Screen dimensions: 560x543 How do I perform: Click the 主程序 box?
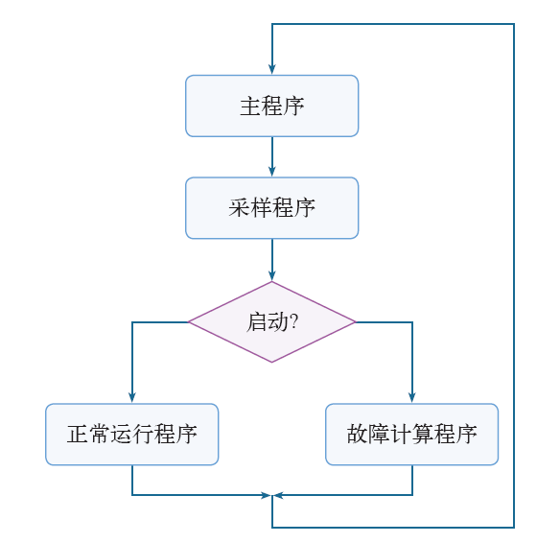[271, 106]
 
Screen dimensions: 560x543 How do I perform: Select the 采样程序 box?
[271, 208]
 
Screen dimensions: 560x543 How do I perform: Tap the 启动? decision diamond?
[271, 322]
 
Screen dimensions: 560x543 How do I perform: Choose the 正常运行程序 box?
[131, 435]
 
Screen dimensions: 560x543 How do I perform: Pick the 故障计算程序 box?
[411, 435]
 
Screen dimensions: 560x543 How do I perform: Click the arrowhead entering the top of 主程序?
[272, 69]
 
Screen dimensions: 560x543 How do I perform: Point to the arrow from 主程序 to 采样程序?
[272, 156]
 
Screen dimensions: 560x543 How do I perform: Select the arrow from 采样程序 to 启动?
[272, 260]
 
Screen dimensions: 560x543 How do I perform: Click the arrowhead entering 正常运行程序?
[132, 398]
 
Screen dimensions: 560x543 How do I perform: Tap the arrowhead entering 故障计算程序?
[412, 398]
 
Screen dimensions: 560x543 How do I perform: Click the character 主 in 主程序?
[250, 106]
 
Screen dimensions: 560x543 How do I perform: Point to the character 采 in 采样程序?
[239, 208]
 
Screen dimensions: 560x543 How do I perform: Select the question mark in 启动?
[294, 320]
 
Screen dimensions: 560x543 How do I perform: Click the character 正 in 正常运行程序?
[78, 435]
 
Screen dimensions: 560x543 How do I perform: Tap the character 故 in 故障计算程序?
[358, 435]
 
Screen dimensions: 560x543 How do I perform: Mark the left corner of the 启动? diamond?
[188, 322]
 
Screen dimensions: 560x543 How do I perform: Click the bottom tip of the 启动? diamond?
[271, 363]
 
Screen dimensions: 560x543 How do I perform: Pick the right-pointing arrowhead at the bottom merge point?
[267, 495]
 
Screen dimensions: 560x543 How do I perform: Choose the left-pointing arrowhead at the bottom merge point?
[278, 495]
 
